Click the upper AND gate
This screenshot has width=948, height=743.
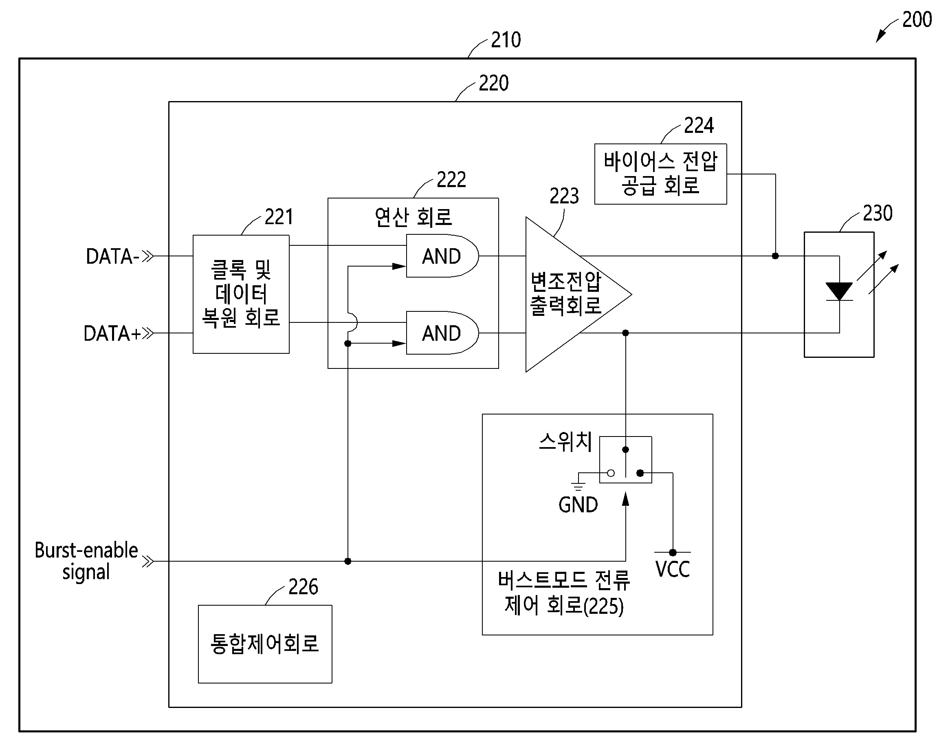pos(441,256)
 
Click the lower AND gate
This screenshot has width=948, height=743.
pos(441,333)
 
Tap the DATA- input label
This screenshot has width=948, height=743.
pos(112,256)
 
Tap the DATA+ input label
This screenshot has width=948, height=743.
pos(112,334)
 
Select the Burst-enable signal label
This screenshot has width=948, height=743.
pos(86,561)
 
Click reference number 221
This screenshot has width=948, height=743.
pos(279,217)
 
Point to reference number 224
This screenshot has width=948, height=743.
pos(698,125)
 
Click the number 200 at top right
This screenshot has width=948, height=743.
pos(917,20)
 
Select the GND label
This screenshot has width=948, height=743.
pos(578,505)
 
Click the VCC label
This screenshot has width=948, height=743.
pos(672,569)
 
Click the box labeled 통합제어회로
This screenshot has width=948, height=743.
pos(265,644)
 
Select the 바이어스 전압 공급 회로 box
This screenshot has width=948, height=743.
pos(660,174)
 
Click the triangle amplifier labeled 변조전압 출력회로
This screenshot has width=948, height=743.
pos(565,295)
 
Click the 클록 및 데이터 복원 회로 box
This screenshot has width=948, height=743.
pos(241,294)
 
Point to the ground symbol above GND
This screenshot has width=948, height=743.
pos(578,485)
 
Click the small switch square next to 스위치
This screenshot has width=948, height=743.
pos(625,460)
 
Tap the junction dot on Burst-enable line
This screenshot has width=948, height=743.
pos(348,561)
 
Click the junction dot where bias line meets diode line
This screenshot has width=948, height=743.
pos(775,256)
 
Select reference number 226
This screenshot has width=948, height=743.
pos(303,587)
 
